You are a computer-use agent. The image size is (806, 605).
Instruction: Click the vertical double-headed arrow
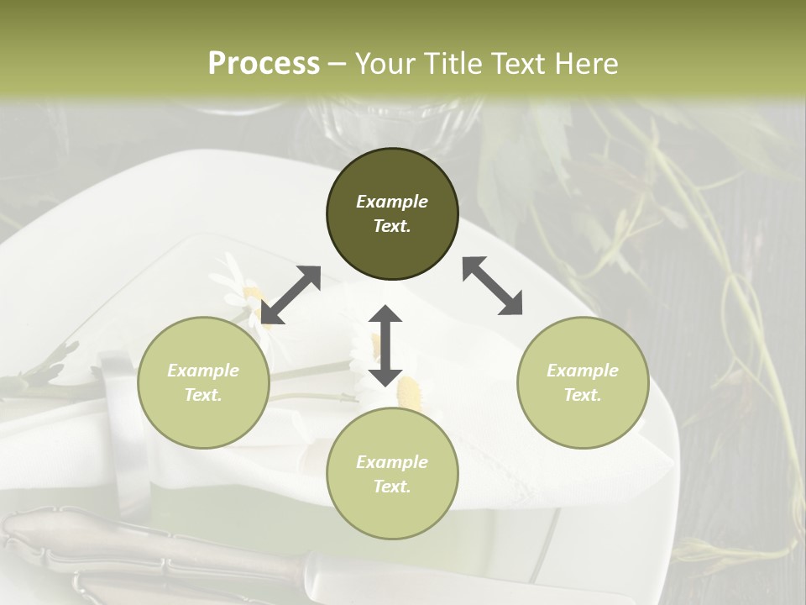coord(385,345)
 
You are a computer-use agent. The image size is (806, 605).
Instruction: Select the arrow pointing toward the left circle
coord(290,295)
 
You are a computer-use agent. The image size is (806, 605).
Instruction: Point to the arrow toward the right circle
coord(492,286)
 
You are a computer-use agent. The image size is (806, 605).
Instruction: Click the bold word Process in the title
coord(264,63)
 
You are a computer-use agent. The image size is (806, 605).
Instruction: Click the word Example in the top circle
coord(392,202)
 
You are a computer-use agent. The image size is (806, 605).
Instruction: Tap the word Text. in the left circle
coord(203,395)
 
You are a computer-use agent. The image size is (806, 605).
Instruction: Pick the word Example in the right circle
coord(583,371)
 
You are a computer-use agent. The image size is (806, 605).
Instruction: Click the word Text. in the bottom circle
coord(392,487)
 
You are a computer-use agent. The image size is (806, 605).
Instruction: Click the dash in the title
coord(338,64)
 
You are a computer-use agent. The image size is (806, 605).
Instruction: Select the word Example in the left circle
coord(203,371)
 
